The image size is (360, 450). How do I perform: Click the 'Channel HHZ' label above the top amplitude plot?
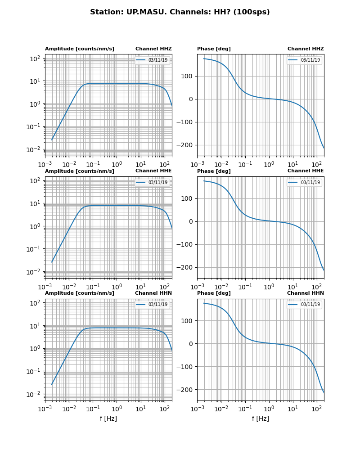(153, 49)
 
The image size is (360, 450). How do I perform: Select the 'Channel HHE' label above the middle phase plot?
(306, 171)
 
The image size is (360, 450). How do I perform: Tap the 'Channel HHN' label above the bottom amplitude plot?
(153, 293)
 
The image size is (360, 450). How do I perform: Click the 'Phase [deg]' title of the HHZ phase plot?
(214, 49)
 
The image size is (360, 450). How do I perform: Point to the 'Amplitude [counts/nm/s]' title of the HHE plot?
(80, 171)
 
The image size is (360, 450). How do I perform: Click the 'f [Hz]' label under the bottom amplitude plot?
(108, 418)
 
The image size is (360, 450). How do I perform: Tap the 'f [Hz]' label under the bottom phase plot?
(261, 418)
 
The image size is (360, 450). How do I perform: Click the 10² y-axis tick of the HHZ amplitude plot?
(36, 58)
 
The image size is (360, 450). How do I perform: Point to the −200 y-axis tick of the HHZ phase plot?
(185, 145)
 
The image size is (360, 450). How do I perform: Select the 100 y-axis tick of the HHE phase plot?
(187, 198)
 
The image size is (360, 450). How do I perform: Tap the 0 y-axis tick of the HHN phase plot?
(191, 344)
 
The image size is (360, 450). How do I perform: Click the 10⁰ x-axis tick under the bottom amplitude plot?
(117, 409)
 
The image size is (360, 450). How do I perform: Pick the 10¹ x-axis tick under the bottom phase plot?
(293, 409)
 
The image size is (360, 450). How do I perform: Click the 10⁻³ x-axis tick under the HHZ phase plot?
(197, 164)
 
